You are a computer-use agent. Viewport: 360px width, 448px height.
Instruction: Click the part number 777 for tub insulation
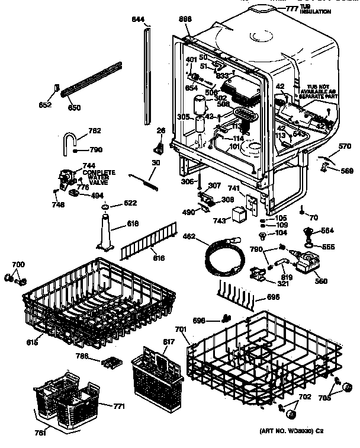point(291,8)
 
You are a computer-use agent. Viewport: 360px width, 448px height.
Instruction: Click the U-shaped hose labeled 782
point(69,143)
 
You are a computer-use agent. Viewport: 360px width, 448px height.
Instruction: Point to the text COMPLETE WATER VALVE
point(99,175)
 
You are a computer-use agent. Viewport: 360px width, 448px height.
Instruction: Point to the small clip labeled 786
point(111,360)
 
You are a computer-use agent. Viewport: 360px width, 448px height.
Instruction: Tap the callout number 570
point(344,147)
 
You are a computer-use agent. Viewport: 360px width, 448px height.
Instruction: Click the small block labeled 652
point(58,89)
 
